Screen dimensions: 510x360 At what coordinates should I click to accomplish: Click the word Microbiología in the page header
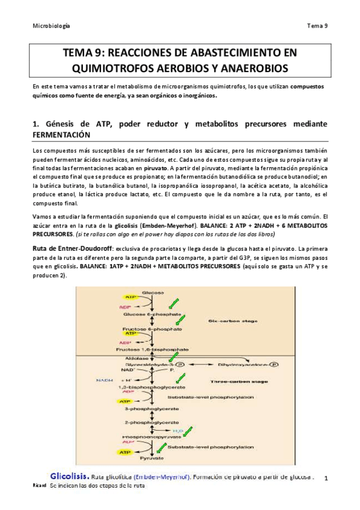coord(50,25)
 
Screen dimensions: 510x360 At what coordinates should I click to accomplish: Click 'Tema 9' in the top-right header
coord(317,25)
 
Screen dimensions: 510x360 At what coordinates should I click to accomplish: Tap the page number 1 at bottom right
coord(325,478)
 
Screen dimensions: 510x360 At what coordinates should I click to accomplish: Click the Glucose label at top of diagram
coord(152,292)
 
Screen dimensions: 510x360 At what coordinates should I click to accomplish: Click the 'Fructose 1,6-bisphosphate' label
coord(155,348)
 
